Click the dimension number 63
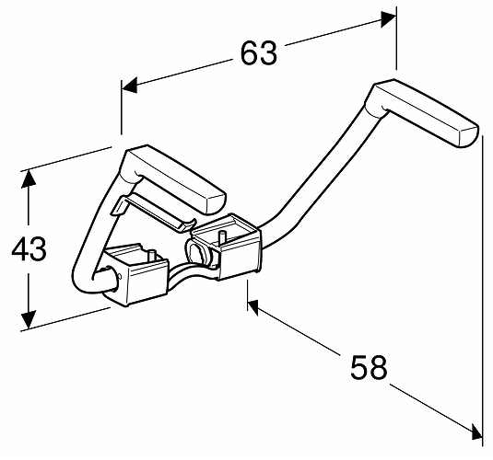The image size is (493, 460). coord(259,52)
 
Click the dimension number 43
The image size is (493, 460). coord(29,248)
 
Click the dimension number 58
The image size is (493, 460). coord(369,367)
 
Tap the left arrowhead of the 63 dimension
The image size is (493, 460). coord(130,85)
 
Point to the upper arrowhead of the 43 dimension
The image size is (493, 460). coord(29,179)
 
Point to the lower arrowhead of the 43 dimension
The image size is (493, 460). coord(29,319)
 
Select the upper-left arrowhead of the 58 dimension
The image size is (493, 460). coord(253,306)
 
